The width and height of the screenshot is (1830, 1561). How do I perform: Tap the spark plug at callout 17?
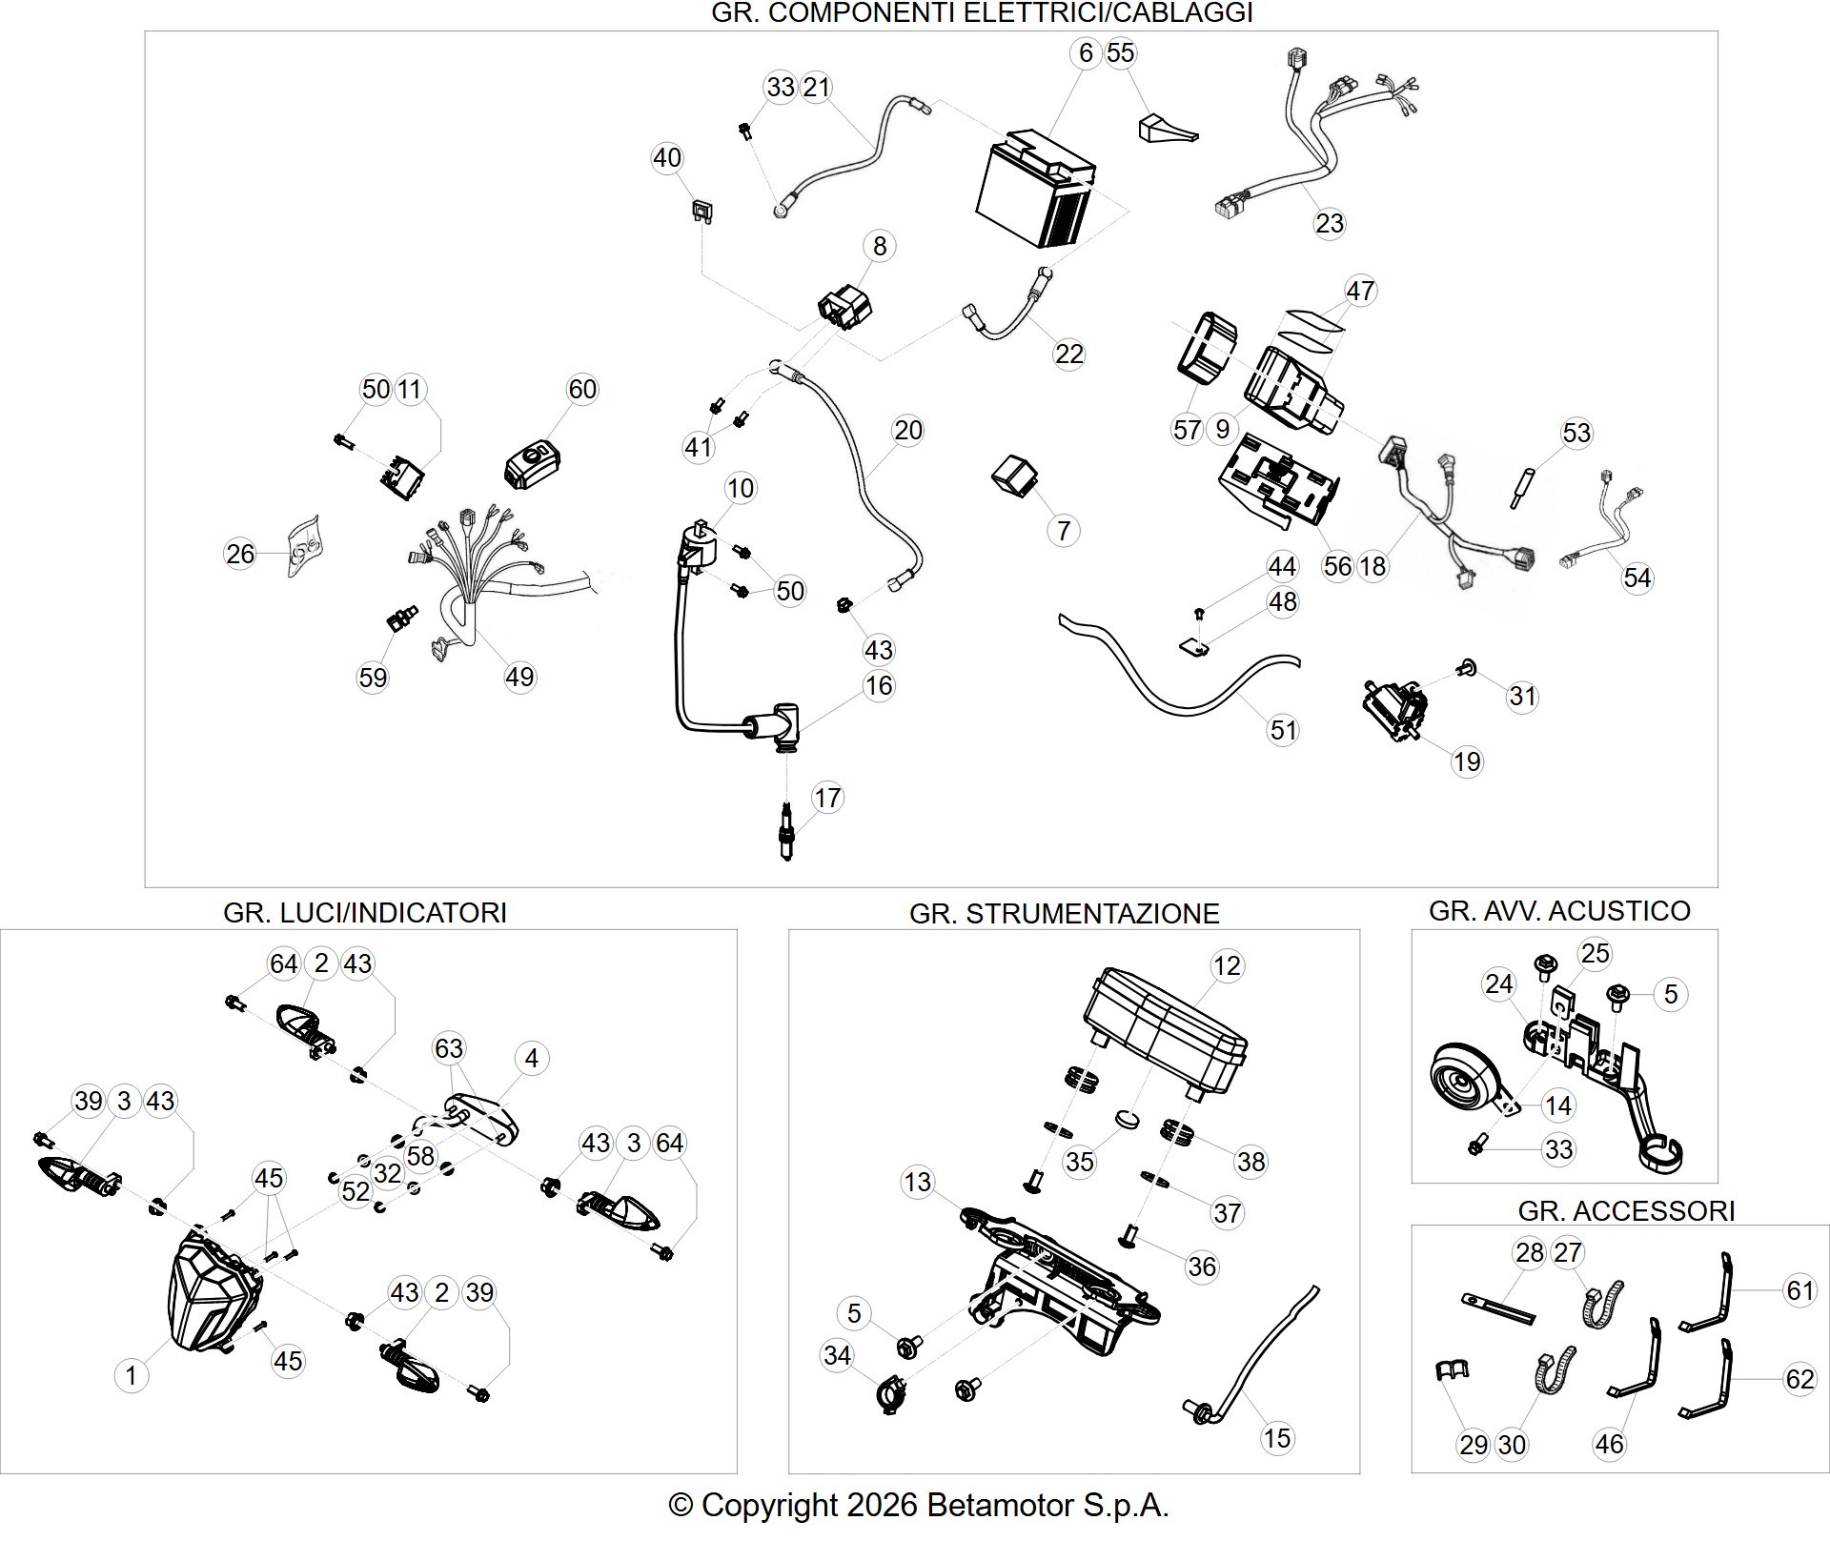click(786, 832)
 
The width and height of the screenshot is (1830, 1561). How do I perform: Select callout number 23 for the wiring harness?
click(1329, 223)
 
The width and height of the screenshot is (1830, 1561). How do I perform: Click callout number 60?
click(581, 389)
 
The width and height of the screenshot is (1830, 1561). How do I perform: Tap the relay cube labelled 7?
click(1016, 475)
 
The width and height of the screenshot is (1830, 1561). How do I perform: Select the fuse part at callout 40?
click(703, 212)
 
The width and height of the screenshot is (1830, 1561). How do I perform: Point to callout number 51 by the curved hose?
click(1284, 730)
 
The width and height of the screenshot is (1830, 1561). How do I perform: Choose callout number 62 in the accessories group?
click(1799, 1379)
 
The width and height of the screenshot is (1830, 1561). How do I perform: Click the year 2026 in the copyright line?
click(881, 1506)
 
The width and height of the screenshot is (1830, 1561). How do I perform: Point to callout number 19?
click(1467, 761)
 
